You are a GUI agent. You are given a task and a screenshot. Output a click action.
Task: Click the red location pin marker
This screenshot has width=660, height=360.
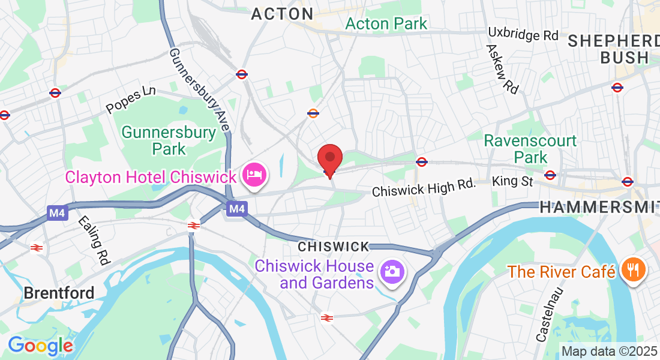(329, 158)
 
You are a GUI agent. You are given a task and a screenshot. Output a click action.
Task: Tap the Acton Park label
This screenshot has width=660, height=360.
(386, 24)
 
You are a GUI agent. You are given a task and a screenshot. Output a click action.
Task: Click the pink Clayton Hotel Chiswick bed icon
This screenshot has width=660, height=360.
(256, 175)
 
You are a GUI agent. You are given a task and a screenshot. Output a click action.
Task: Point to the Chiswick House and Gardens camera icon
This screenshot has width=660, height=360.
(392, 272)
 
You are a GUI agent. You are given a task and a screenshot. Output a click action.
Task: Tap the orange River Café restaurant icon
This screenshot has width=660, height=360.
(632, 269)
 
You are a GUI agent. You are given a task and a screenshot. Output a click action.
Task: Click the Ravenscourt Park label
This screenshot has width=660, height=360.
(530, 149)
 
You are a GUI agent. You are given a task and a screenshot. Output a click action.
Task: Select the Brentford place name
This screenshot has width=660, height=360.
(59, 293)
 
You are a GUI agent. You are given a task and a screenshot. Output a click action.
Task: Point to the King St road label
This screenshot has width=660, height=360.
(512, 181)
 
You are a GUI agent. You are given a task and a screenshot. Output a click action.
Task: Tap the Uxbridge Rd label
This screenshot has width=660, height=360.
(523, 34)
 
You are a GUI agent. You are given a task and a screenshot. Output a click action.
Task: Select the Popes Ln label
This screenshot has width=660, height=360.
(130, 100)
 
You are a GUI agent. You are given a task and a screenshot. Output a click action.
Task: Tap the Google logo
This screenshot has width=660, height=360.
(40, 346)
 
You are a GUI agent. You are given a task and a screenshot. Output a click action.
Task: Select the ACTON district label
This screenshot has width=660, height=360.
(282, 14)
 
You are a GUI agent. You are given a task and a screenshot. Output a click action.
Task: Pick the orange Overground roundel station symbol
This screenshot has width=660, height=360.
(313, 113)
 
